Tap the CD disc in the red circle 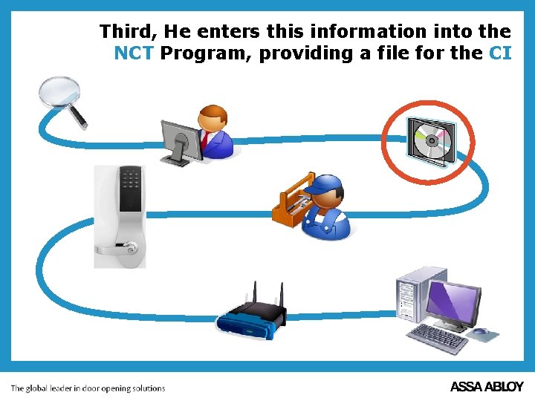[430, 141]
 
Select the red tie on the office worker [204, 139]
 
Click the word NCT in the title [134, 53]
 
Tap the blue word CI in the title [500, 53]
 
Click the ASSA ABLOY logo [487, 387]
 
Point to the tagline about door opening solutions [88, 388]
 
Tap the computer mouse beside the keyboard [480, 331]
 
